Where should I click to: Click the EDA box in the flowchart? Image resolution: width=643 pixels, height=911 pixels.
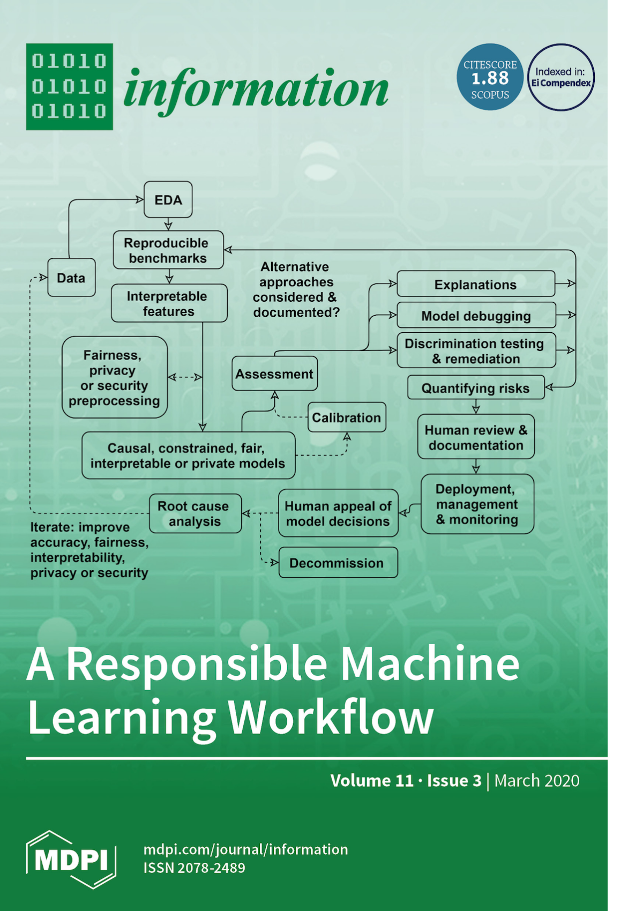coord(168,200)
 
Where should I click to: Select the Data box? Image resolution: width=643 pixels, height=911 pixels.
coord(71,278)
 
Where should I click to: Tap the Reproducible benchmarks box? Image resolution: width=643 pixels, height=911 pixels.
coord(168,250)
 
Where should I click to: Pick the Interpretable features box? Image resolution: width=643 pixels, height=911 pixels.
coord(169,303)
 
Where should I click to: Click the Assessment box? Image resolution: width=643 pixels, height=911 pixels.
coord(274,374)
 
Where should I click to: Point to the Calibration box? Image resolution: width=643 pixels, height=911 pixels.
coord(347,417)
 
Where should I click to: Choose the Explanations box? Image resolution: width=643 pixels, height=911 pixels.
coord(475,285)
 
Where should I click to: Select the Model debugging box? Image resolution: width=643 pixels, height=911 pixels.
coord(476,316)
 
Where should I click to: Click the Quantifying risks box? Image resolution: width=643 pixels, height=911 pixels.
coord(475,388)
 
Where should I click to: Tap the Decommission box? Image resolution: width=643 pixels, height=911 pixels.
coord(338,563)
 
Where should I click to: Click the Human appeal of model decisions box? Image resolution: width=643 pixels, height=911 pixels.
coord(338,513)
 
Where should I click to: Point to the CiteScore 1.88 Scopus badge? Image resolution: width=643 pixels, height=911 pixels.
coord(490,78)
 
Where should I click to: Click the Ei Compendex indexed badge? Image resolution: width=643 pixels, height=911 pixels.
coord(561,78)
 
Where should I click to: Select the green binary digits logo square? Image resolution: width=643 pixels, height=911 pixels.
coord(70,87)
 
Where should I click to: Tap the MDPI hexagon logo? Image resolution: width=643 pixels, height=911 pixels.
coord(71,860)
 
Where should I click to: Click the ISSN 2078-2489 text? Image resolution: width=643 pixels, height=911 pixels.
coord(194,868)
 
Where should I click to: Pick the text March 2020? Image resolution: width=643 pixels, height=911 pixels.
coord(536,781)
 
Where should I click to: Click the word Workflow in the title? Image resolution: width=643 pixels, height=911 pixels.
coord(331,716)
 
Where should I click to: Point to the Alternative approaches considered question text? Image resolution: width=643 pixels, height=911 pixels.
coord(296,289)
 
